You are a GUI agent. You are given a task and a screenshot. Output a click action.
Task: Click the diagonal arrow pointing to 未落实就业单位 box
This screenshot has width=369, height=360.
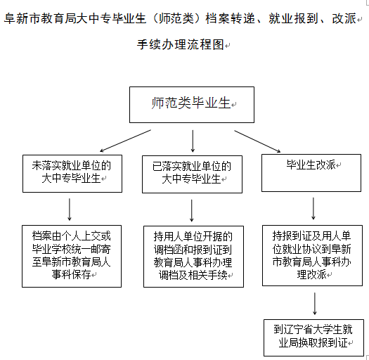[125, 141]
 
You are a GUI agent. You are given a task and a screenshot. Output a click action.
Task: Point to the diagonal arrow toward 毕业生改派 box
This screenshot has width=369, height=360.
[257, 141]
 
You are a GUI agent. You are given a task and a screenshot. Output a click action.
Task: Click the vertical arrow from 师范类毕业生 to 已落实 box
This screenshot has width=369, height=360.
[193, 141]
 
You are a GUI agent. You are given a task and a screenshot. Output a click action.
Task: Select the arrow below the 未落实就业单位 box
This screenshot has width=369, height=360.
[70, 210]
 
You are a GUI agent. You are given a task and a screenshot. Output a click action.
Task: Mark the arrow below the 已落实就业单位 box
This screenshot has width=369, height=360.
[192, 210]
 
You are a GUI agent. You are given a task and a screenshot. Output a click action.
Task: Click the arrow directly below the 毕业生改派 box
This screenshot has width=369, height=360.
[313, 208]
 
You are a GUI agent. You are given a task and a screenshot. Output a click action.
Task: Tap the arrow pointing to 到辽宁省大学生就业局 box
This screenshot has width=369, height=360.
[315, 304]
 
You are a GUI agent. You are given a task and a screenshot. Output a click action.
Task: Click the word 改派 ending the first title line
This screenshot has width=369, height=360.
[344, 18]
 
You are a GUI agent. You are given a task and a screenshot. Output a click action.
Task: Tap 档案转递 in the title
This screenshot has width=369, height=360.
[230, 18]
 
